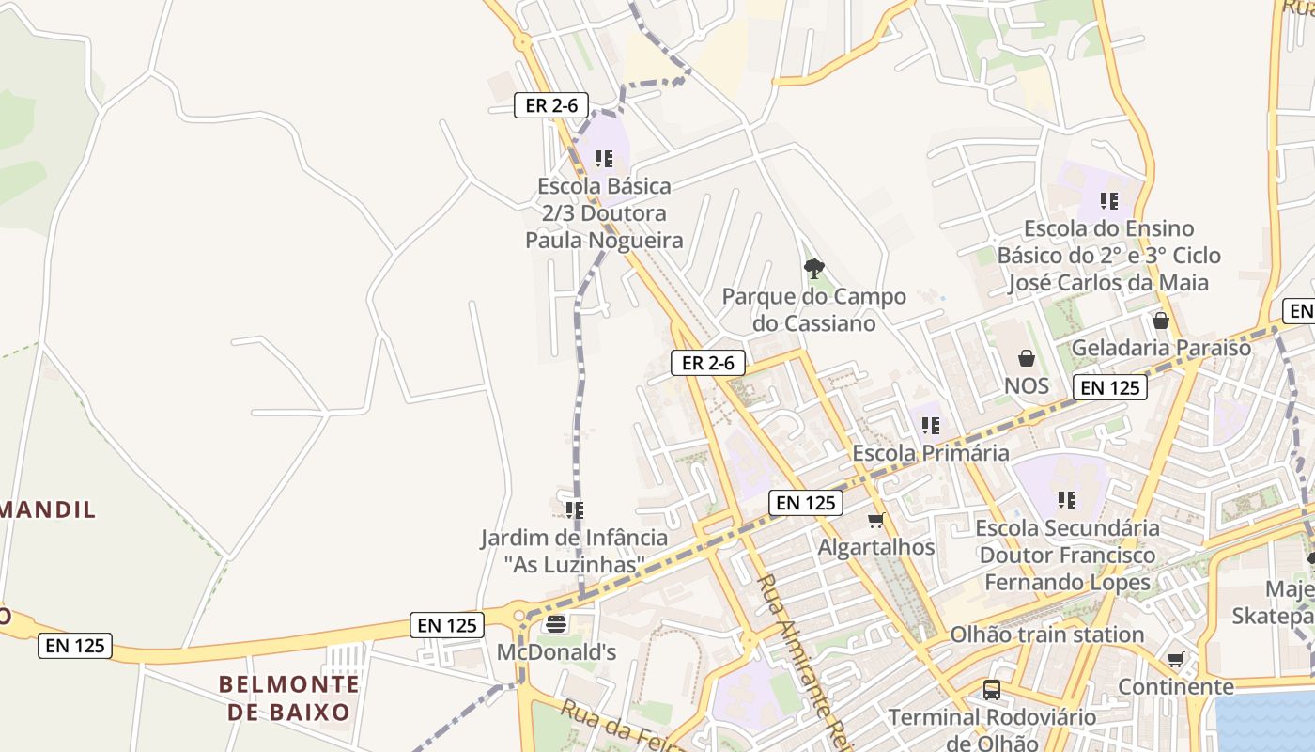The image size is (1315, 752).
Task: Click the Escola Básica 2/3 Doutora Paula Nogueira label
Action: [x=603, y=213]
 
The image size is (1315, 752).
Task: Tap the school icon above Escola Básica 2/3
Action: [x=604, y=159]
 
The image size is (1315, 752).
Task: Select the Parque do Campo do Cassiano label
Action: [x=813, y=310]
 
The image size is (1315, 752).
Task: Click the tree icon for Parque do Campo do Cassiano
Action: [x=813, y=270]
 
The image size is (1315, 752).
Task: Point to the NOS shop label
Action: [x=1026, y=385]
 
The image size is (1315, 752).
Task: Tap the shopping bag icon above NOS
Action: [x=1026, y=358]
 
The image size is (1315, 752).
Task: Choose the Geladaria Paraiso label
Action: [x=1161, y=348]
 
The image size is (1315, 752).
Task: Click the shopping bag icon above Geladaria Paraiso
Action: [x=1161, y=321]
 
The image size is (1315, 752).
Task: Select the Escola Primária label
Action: [x=930, y=453]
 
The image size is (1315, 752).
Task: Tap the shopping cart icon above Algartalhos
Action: [x=876, y=520]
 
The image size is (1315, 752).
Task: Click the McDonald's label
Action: [x=556, y=651]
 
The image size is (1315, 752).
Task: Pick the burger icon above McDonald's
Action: [x=556, y=623]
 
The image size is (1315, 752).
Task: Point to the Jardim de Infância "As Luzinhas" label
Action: [x=574, y=551]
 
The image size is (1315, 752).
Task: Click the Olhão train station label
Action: [x=1047, y=634]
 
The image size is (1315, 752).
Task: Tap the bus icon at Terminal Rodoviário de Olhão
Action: [x=992, y=690]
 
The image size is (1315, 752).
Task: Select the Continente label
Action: [x=1175, y=687]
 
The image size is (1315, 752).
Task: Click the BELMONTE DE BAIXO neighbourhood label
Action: [x=289, y=697]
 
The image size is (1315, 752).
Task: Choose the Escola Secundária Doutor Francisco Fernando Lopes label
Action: [x=1067, y=556]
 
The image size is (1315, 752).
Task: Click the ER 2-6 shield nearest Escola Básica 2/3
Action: [x=551, y=105]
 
